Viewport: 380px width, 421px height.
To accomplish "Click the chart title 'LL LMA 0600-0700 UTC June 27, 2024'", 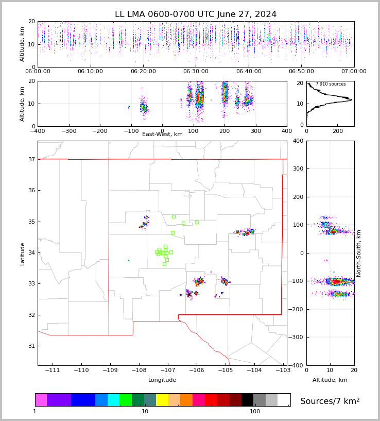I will tap(196, 14).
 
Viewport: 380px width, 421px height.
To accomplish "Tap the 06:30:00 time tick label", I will tap(196, 72).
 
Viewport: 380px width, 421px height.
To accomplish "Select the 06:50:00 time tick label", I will tap(301, 72).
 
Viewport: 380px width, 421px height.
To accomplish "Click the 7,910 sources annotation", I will tap(331, 84).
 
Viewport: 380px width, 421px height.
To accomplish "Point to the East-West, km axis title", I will tap(162, 134).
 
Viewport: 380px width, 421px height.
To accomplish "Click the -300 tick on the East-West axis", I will tap(68, 131).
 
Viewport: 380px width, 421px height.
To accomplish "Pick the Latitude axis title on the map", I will tap(23, 254).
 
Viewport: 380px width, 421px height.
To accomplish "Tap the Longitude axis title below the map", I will tap(162, 380).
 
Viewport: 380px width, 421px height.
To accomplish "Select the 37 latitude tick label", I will tap(31, 159).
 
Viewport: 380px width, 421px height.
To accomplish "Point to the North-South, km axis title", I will tap(359, 253).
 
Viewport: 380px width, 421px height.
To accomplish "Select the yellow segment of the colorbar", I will tap(162, 400).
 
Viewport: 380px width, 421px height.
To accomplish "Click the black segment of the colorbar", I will tap(247, 400).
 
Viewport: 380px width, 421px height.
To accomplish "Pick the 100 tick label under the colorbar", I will tap(255, 412).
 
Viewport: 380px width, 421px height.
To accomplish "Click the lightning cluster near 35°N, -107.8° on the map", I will tap(145, 222).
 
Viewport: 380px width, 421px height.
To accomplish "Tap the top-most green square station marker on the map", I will tap(174, 216).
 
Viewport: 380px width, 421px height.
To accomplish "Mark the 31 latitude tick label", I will tap(31, 346).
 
